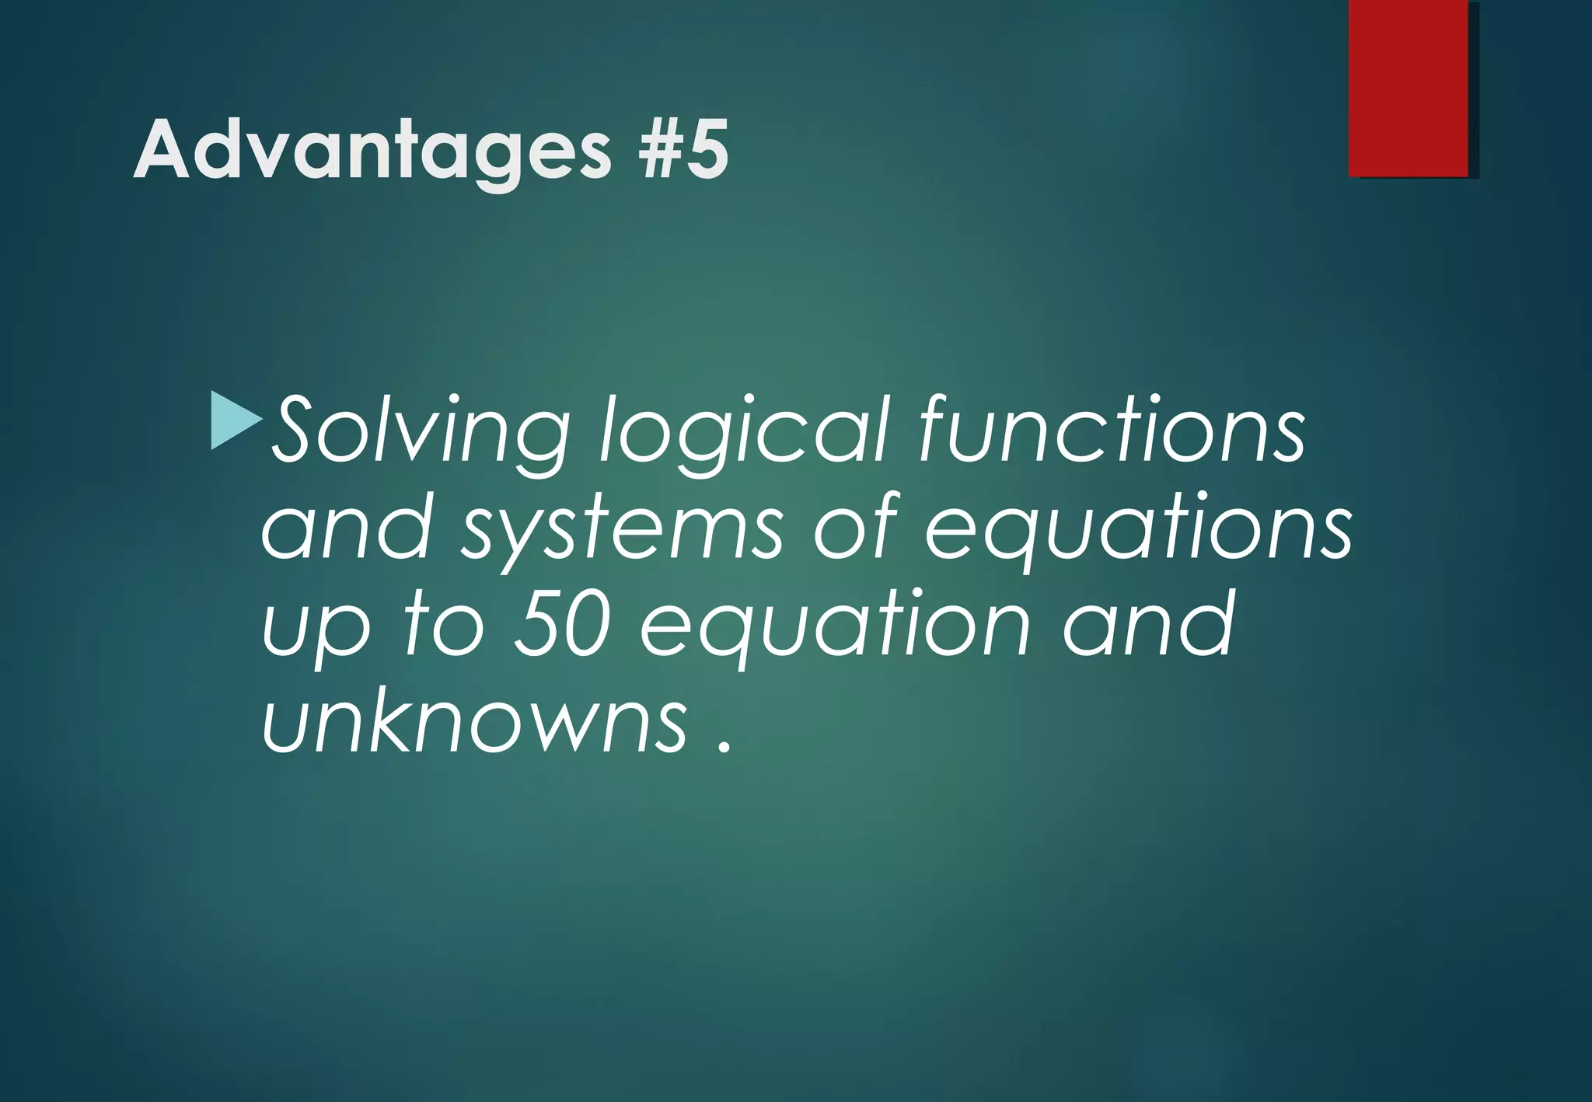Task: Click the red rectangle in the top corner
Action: coord(1408,88)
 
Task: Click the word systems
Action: coord(622,532)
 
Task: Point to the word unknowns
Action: coord(474,723)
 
